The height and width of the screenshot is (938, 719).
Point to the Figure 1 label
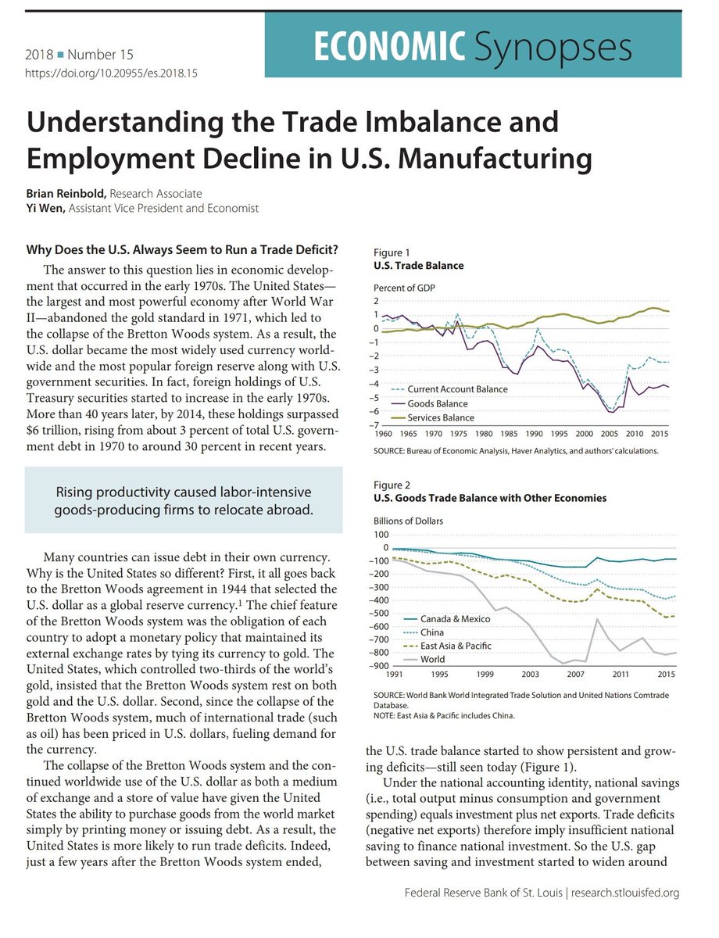392,252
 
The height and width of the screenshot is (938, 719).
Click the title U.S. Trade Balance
418,266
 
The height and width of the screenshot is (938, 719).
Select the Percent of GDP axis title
404,288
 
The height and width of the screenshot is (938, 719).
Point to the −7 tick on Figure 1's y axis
376,425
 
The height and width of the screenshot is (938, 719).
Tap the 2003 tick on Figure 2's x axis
530,673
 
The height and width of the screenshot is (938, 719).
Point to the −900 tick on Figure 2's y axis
380,665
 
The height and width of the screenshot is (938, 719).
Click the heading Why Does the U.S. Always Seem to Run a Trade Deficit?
182,250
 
